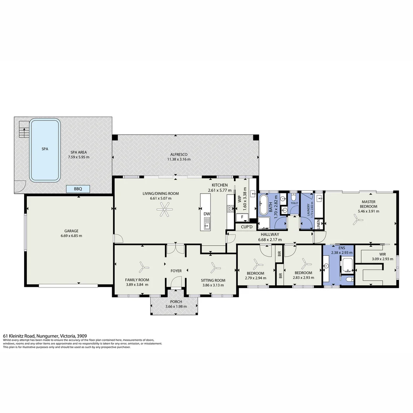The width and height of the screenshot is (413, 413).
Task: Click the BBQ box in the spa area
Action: click(x=78, y=189)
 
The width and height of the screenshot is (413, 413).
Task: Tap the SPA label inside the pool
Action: click(x=45, y=149)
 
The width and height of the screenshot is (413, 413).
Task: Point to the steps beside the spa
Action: click(x=24, y=130)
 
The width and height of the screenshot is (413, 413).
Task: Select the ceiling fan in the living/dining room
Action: click(x=165, y=209)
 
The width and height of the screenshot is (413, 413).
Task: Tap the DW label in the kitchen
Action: click(x=207, y=214)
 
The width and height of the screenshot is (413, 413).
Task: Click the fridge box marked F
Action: click(x=242, y=218)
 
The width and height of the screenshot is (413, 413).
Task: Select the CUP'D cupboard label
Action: click(x=247, y=227)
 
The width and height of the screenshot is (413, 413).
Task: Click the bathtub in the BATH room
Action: click(x=264, y=205)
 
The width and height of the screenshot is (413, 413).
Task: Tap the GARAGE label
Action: click(x=71, y=231)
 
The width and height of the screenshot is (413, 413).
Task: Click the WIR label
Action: click(x=382, y=254)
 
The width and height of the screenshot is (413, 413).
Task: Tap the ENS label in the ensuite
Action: click(x=336, y=248)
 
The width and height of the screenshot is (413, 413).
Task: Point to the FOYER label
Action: click(x=176, y=271)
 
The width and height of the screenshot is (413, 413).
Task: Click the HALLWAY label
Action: click(x=270, y=234)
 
